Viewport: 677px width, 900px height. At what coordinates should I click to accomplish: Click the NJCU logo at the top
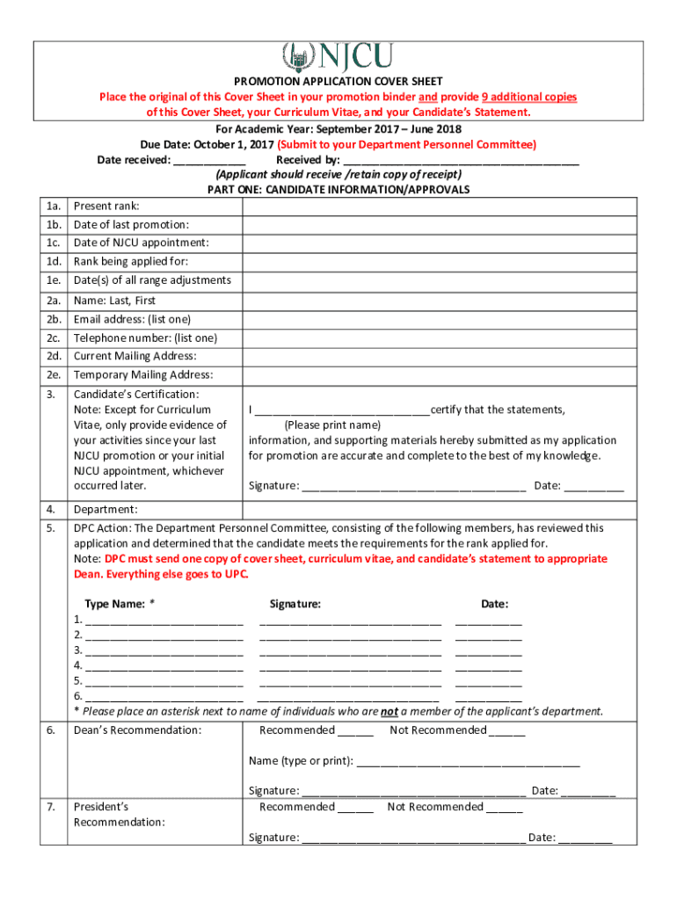pyautogui.click(x=337, y=58)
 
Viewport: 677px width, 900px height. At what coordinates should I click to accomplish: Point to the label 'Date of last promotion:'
pyautogui.click(x=131, y=225)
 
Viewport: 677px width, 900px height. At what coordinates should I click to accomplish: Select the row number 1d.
pyautogui.click(x=55, y=262)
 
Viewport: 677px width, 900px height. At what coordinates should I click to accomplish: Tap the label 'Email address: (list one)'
pyautogui.click(x=132, y=319)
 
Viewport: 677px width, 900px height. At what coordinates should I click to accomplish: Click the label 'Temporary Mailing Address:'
pyautogui.click(x=143, y=375)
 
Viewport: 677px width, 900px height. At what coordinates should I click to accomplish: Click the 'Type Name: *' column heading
pyautogui.click(x=120, y=605)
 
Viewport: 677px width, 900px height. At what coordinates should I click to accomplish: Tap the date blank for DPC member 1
pyautogui.click(x=488, y=621)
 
